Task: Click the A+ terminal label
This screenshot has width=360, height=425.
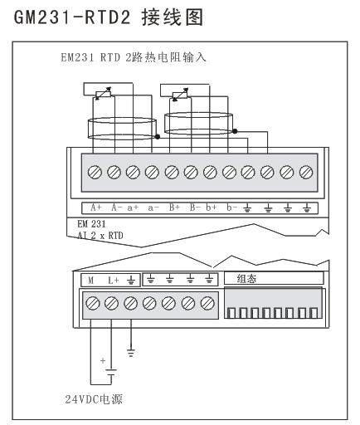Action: pyautogui.click(x=96, y=208)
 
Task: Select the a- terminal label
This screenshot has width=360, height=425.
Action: pyautogui.click(x=153, y=208)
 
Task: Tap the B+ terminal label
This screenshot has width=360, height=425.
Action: pyautogui.click(x=174, y=208)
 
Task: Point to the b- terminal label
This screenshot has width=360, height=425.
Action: pyautogui.click(x=231, y=208)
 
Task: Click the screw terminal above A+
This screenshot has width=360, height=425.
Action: pyautogui.click(x=95, y=172)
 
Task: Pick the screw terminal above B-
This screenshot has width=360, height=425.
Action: pyautogui.click(x=191, y=172)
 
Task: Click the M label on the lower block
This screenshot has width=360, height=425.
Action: pyautogui.click(x=90, y=281)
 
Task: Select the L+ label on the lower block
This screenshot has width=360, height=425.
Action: pyautogui.click(x=113, y=281)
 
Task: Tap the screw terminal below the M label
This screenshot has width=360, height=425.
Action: pyautogui.click(x=92, y=303)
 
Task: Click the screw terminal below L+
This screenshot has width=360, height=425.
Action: pyautogui.click(x=112, y=303)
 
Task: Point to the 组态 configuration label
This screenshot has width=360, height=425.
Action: pyautogui.click(x=246, y=279)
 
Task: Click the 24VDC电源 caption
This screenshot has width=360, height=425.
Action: pyautogui.click(x=94, y=399)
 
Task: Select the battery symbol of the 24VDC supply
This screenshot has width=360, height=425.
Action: pyautogui.click(x=111, y=372)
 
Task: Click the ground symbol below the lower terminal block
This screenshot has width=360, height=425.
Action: pyautogui.click(x=131, y=353)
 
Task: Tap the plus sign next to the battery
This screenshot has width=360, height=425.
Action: pyautogui.click(x=103, y=360)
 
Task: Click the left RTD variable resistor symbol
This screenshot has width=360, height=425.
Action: pyautogui.click(x=103, y=94)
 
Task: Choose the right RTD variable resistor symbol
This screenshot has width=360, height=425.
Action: pyautogui.click(x=180, y=95)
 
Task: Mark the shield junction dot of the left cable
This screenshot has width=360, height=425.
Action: pyautogui.click(x=158, y=137)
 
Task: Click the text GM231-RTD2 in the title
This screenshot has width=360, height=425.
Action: pyautogui.click(x=72, y=17)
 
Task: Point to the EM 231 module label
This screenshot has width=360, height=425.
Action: pyautogui.click(x=91, y=223)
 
